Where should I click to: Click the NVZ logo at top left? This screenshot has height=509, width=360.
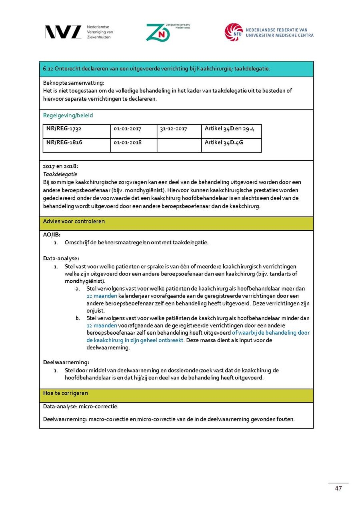63,32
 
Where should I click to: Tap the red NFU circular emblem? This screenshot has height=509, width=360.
234,32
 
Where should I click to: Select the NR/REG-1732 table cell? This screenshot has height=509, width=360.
64,129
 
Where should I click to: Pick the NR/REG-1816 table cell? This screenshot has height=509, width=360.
64,142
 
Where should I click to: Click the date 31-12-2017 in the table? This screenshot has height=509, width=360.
174,129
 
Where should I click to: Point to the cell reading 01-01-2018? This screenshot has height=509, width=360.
128,142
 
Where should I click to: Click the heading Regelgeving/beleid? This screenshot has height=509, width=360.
68,115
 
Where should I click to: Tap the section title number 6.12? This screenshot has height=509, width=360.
48,69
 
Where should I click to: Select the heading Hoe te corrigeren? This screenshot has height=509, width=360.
66,393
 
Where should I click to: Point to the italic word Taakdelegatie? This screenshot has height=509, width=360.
60,174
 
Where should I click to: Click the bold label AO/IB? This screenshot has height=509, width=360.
52,235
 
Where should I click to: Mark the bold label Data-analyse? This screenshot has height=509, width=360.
61,258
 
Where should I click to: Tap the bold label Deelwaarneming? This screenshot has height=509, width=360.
66,362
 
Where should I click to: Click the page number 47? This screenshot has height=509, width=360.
338,488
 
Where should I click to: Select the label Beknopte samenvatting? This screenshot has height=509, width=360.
74,83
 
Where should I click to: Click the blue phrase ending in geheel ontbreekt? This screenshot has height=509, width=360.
135,340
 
